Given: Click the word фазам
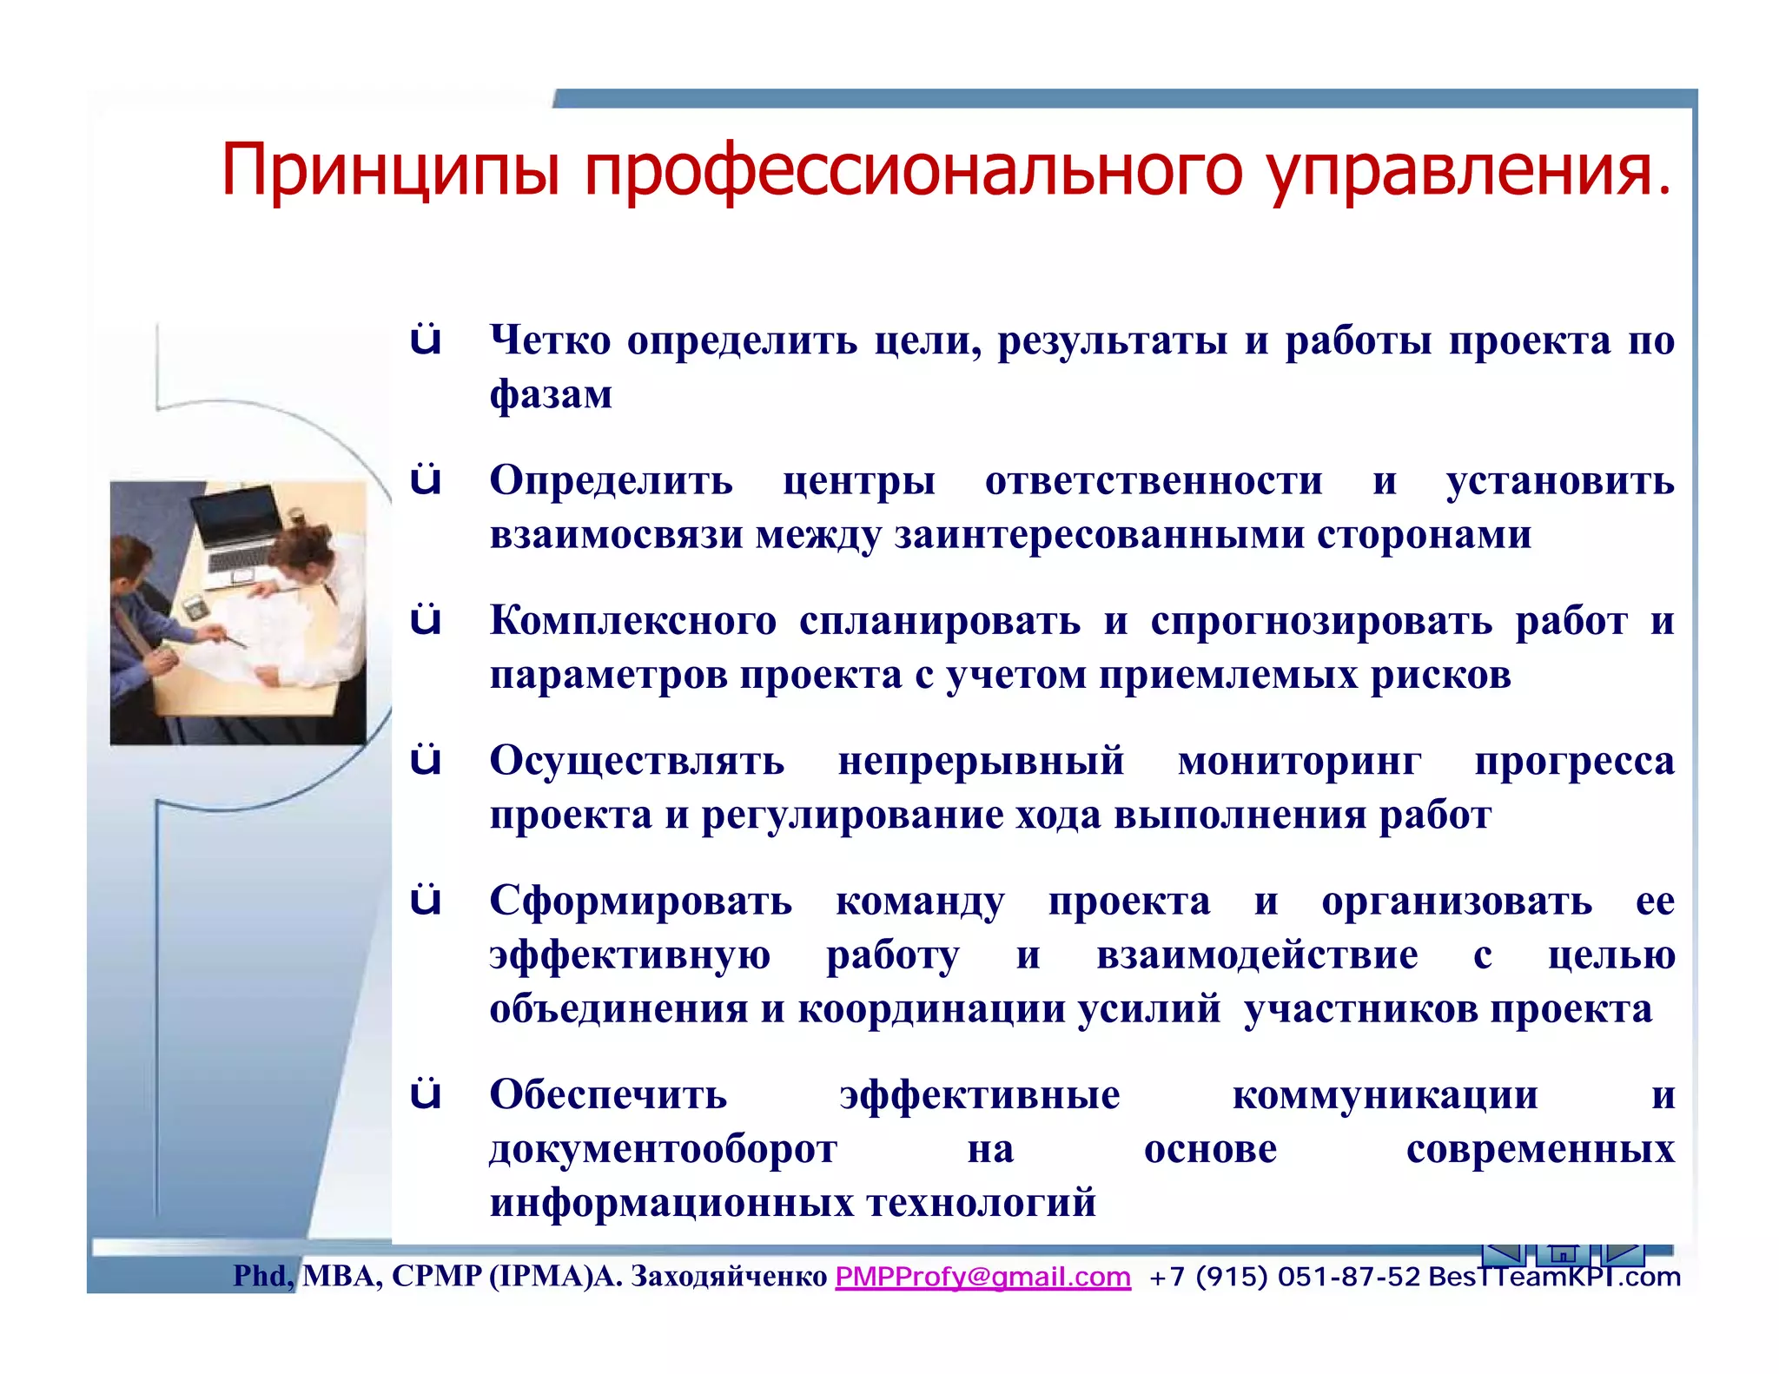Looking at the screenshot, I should coord(551,394).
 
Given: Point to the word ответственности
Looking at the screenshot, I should coord(1154,480).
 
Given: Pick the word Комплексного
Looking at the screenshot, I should coord(633,621).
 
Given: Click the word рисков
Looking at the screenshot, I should coord(1441,675).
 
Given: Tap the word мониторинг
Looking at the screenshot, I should coord(1300,761).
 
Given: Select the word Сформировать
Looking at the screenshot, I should coord(640,901).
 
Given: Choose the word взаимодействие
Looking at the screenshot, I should coord(1257,955).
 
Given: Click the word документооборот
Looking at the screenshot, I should coord(663,1149).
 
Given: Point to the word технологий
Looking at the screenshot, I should coord(982,1203).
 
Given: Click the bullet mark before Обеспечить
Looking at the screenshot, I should coord(426,1094).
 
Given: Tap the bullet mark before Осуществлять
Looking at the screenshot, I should coord(426,761).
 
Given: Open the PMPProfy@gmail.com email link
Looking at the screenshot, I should coord(982,1277).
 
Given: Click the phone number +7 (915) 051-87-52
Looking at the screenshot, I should coord(1284,1277).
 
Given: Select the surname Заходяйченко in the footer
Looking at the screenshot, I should coord(728,1276).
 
